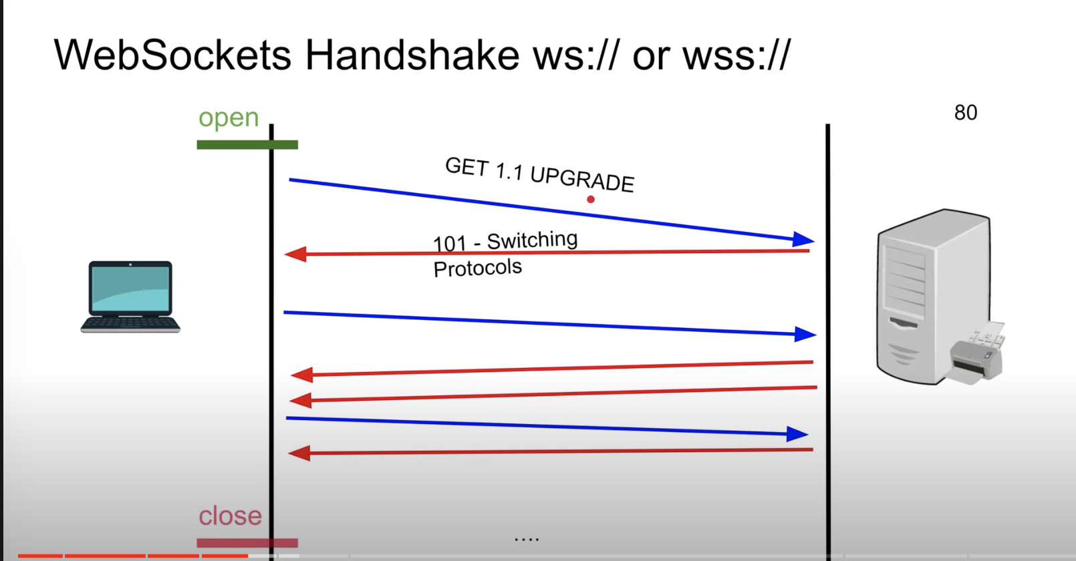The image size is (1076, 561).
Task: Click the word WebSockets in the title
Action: (x=172, y=55)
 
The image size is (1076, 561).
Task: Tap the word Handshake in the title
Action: (x=412, y=55)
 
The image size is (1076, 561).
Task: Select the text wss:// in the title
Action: (x=736, y=55)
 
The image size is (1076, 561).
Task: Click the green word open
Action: (x=229, y=118)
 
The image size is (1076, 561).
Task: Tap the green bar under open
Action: (x=247, y=144)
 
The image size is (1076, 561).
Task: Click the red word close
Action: (x=230, y=516)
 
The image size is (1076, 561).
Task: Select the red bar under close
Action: (x=247, y=543)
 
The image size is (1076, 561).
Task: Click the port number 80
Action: (x=966, y=113)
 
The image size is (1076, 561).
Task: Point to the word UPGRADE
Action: (x=582, y=179)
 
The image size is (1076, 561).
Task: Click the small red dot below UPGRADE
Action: (x=591, y=199)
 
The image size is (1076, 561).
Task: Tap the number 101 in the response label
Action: (x=450, y=244)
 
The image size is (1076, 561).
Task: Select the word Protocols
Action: (x=477, y=268)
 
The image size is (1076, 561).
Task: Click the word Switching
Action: (x=532, y=240)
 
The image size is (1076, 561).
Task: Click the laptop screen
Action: (x=131, y=289)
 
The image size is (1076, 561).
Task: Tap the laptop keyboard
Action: (x=130, y=323)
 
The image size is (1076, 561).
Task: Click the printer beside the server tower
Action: (x=977, y=353)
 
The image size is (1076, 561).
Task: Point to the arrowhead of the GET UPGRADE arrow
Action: (x=803, y=239)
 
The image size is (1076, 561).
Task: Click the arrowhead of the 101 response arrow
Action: (x=295, y=254)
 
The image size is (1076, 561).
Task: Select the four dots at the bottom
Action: (x=527, y=540)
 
